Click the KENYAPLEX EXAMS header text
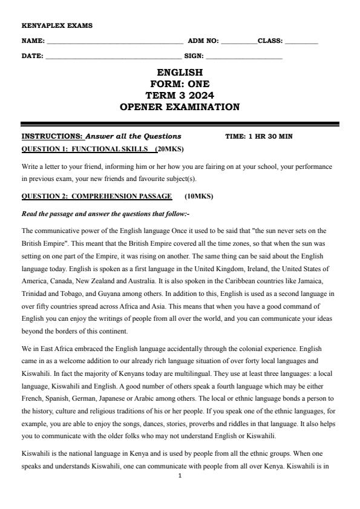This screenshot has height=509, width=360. (49, 26)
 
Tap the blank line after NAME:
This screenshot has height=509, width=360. (114, 42)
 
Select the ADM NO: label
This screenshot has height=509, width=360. (203, 41)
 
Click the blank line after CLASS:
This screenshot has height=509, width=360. (301, 42)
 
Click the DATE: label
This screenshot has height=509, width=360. (32, 56)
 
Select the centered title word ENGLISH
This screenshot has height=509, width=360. (180, 73)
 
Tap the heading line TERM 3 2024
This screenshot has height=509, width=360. (180, 96)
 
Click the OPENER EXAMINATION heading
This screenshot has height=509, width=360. (180, 107)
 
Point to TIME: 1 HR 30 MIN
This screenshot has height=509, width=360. (258, 136)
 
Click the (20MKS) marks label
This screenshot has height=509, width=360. (169, 148)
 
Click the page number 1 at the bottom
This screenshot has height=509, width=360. (180, 476)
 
